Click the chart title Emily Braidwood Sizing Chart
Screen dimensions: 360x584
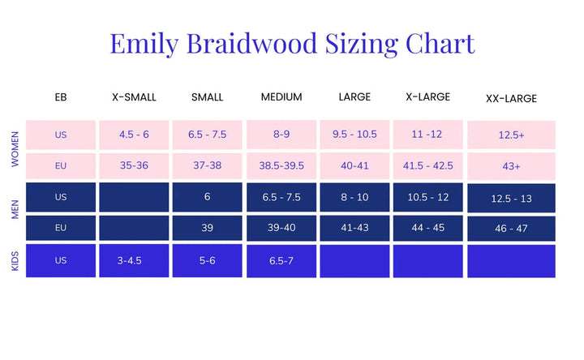coord(292,43)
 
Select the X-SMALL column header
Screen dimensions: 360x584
coord(134,97)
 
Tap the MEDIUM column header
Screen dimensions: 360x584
coord(281,97)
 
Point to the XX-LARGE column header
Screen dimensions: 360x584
coord(511,99)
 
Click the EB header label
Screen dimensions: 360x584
coord(61,97)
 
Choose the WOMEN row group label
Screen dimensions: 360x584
coord(15,150)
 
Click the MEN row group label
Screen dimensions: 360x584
coord(15,212)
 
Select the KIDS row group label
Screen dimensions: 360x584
coord(15,262)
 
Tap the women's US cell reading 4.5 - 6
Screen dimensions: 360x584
coord(134,135)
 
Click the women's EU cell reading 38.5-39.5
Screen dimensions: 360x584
coord(281,165)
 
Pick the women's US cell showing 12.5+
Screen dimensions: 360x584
coord(511,135)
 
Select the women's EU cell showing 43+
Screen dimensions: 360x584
coord(511,166)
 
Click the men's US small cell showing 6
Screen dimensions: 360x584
coord(208,197)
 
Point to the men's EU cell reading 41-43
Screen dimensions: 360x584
coord(355,228)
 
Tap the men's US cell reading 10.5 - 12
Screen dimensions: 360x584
coord(429,197)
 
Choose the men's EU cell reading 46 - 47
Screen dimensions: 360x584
coord(511,229)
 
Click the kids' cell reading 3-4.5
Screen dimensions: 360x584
coord(134,261)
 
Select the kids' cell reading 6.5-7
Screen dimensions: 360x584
coord(281,261)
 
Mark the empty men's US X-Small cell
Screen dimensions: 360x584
coord(134,197)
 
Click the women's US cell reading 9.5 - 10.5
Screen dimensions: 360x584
coord(355,135)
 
